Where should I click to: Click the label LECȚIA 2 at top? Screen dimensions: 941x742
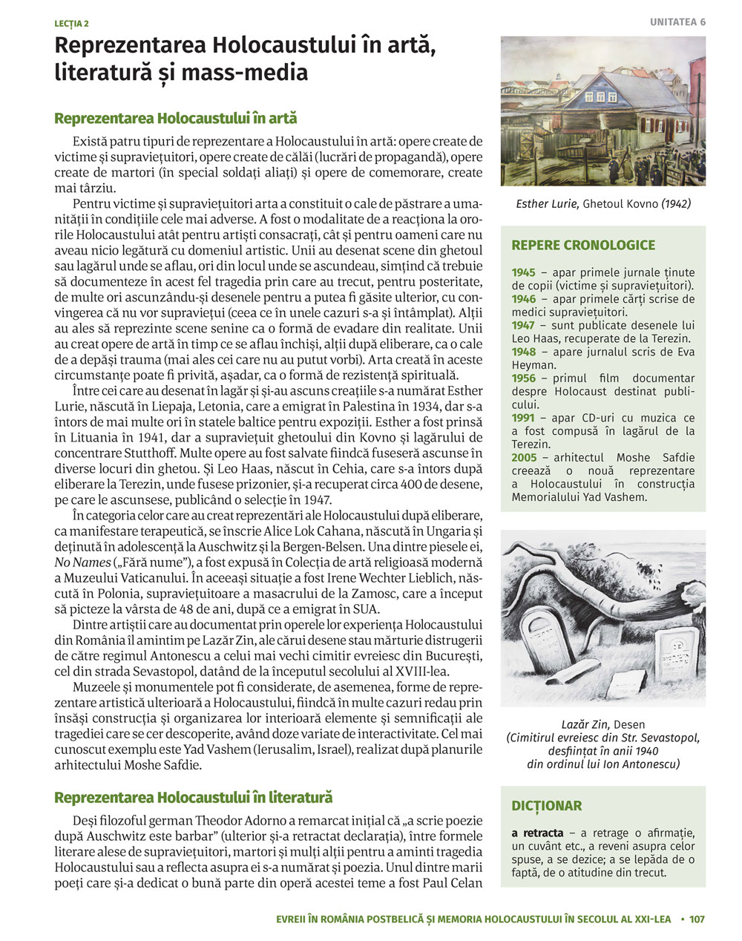[71, 24]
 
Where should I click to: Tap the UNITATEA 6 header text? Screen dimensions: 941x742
[677, 22]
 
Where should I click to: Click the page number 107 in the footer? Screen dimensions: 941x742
[697, 919]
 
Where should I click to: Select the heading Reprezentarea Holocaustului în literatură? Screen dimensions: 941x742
[193, 798]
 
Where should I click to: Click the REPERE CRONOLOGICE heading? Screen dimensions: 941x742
[583, 245]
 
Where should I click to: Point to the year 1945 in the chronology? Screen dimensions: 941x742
[523, 272]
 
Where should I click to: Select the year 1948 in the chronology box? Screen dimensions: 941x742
[523, 352]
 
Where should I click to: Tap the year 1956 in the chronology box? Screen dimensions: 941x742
[523, 378]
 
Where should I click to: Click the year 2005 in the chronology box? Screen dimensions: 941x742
[524, 458]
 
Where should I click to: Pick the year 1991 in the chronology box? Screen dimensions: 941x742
[522, 418]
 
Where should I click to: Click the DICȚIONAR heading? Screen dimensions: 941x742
[546, 805]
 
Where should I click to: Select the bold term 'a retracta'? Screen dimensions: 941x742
[537, 833]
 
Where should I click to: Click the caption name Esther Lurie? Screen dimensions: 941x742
[547, 203]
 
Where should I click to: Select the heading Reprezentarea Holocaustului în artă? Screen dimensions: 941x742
[175, 119]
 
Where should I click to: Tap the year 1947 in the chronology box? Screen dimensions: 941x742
[523, 325]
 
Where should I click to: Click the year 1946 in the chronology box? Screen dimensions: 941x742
[523, 299]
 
